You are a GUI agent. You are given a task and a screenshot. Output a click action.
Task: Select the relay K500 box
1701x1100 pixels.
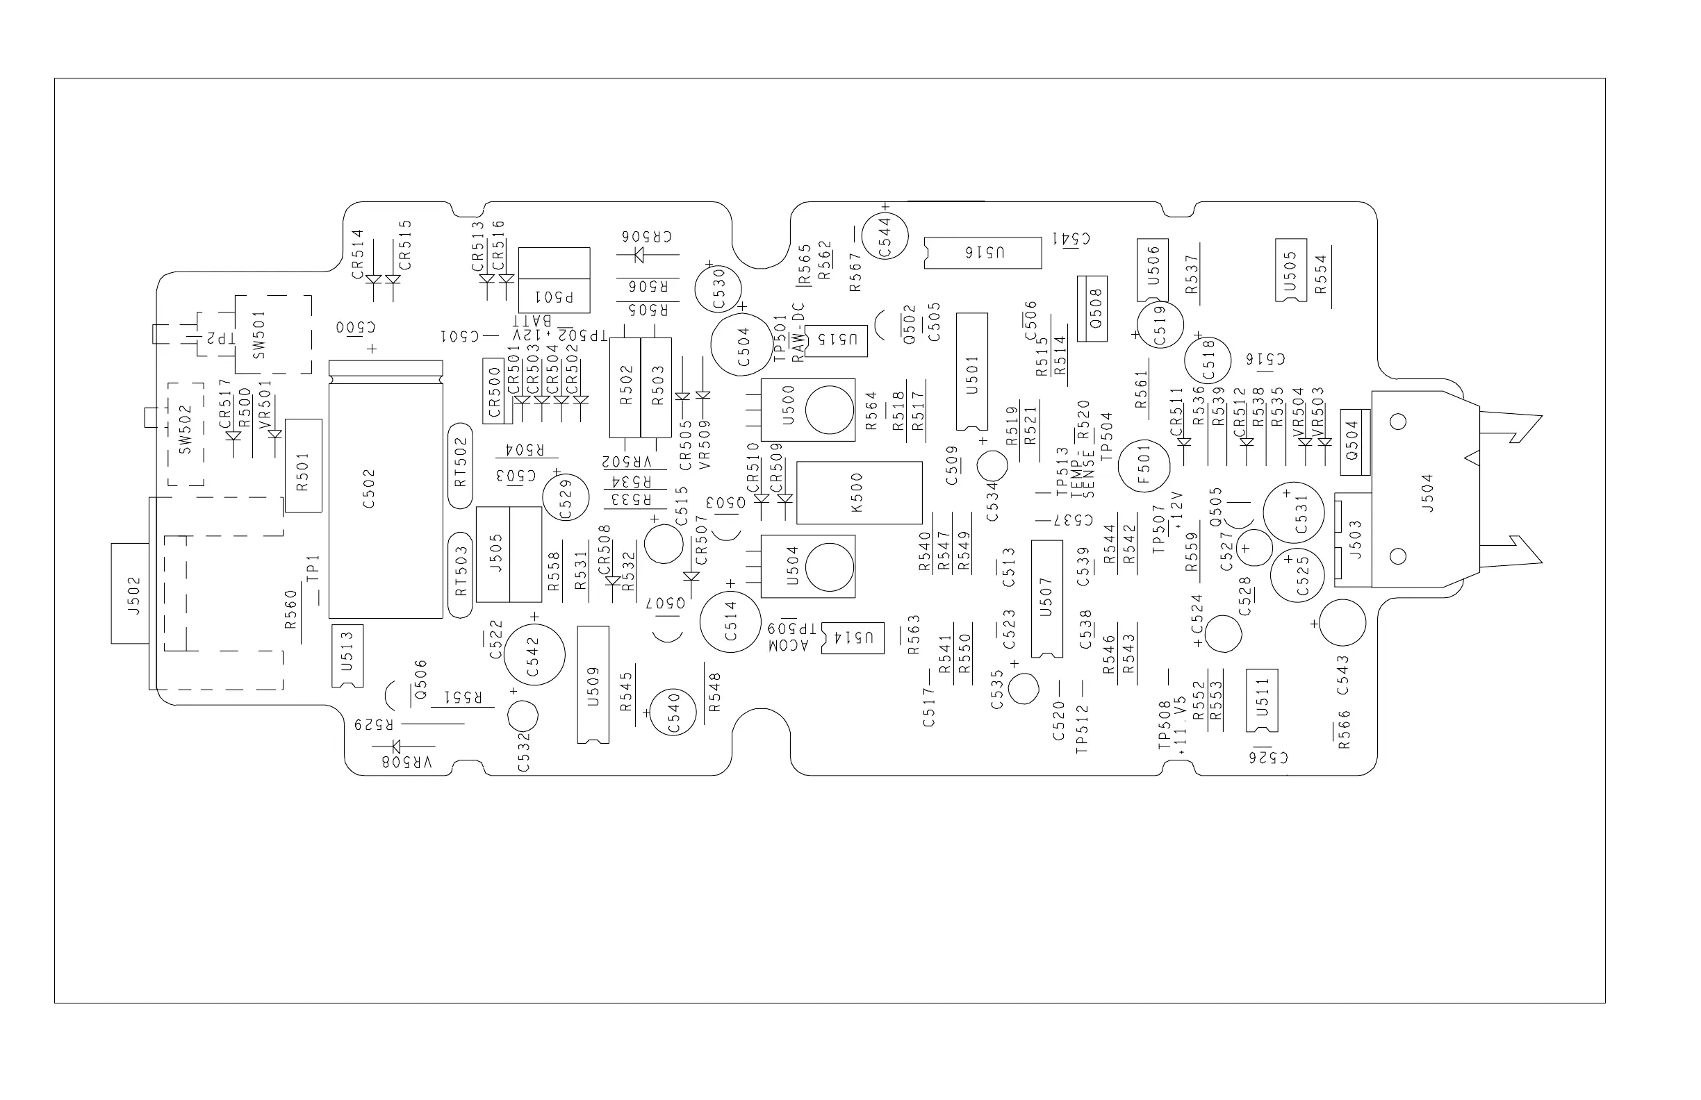(x=858, y=493)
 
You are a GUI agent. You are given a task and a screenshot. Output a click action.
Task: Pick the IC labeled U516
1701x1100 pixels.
(x=983, y=253)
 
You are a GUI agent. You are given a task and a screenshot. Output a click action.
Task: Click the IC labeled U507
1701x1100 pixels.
(x=1047, y=599)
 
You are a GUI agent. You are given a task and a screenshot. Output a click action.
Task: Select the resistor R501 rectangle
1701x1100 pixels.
(x=303, y=465)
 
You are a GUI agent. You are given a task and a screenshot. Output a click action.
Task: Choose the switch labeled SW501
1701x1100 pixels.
(x=272, y=334)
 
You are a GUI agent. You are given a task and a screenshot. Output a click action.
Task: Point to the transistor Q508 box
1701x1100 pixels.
(x=1092, y=308)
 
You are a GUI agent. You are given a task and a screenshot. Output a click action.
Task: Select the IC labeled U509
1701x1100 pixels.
(x=593, y=684)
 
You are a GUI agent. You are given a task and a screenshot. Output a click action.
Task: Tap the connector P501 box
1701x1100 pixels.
(x=554, y=280)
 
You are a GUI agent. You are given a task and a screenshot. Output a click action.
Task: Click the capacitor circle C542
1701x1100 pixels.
(x=534, y=654)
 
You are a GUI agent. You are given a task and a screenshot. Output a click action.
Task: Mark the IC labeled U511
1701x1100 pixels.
(x=1261, y=700)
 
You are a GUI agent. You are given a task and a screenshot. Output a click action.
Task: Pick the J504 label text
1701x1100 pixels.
(x=1427, y=494)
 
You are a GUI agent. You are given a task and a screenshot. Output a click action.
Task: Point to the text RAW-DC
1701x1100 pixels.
(x=798, y=332)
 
